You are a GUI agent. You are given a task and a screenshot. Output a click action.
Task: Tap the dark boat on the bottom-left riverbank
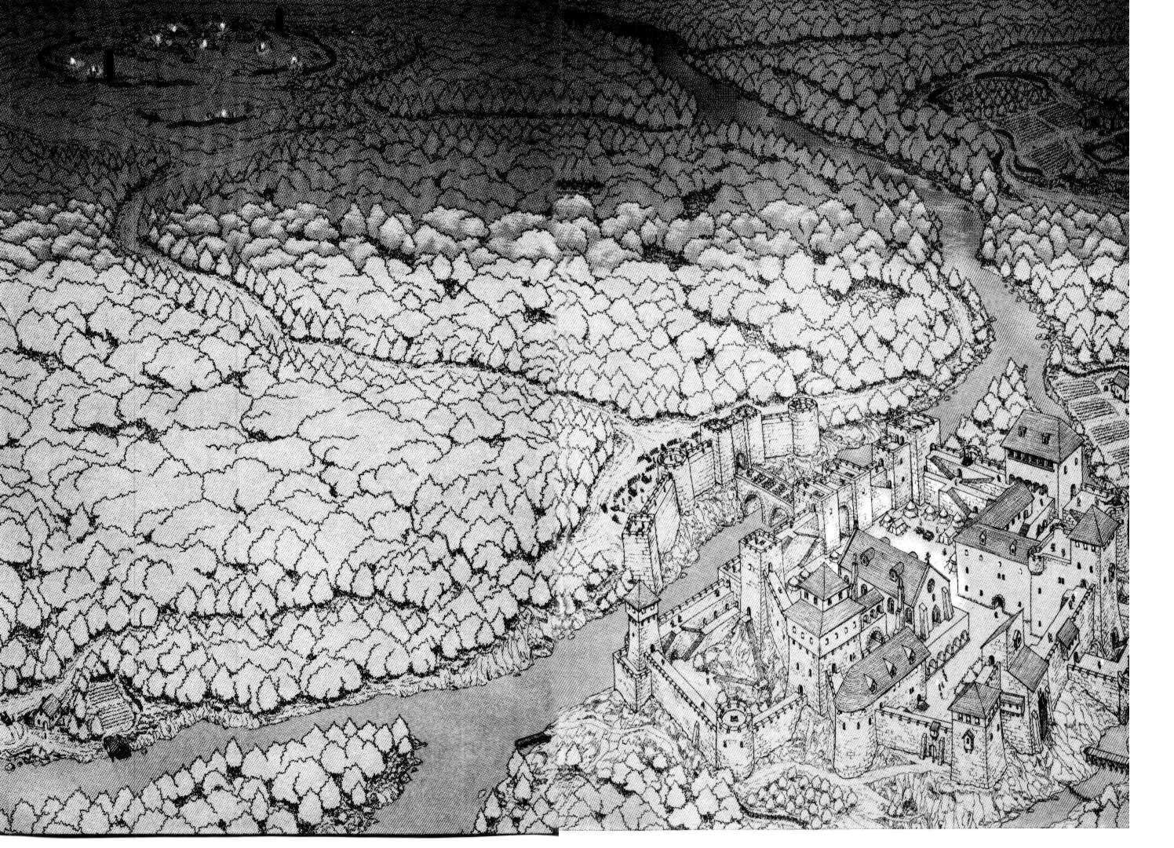click(x=117, y=748)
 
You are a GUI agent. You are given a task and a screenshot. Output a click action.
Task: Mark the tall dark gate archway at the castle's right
click(x=1043, y=711)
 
